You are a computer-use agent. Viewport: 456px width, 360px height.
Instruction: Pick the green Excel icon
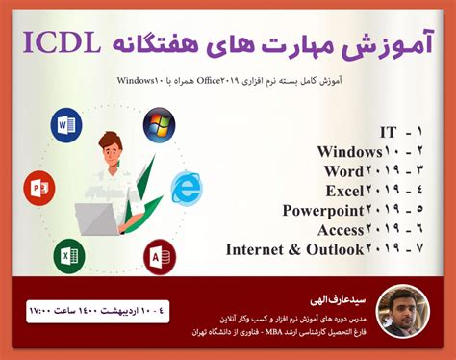click(67, 258)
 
